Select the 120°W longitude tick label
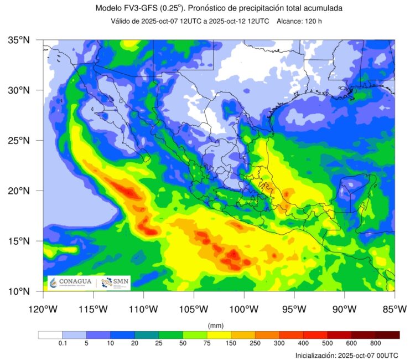(x=43, y=308)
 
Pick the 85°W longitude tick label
(x=395, y=308)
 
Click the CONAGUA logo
(x=69, y=282)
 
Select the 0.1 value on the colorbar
(x=63, y=344)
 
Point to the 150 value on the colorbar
(x=231, y=344)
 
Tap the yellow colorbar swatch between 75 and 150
(x=219, y=335)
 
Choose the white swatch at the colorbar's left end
(x=50, y=335)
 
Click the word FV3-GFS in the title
(x=147, y=8)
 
